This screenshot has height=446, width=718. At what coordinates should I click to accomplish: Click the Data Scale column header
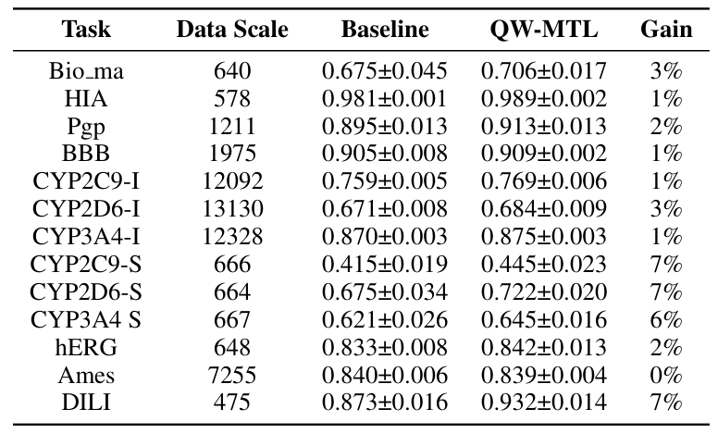(x=232, y=30)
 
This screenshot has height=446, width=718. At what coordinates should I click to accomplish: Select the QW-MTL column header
(x=544, y=30)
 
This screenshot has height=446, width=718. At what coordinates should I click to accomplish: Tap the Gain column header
(x=666, y=30)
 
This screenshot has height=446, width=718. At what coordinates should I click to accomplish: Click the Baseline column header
(x=385, y=30)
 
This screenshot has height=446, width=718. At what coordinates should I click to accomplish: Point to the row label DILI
(x=86, y=403)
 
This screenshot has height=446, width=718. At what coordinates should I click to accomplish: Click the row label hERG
(x=86, y=348)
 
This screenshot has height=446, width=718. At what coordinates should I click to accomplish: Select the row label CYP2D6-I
(x=86, y=209)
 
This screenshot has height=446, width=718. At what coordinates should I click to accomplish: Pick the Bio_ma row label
(x=86, y=70)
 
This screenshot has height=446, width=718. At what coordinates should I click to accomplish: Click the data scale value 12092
(x=232, y=181)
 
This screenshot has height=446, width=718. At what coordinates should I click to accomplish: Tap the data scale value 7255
(x=232, y=376)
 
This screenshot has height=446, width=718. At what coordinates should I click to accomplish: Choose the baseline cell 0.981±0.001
(x=385, y=98)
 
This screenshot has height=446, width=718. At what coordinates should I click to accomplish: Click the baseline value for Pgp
(x=385, y=126)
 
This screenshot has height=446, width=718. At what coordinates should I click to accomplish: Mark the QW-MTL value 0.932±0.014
(x=544, y=403)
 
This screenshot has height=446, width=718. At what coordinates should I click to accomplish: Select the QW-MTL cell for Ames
(x=544, y=376)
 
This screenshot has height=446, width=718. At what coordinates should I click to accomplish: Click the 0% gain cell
(x=666, y=376)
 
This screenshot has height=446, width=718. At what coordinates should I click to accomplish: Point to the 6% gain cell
(x=666, y=320)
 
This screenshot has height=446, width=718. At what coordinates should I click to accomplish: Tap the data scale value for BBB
(x=232, y=154)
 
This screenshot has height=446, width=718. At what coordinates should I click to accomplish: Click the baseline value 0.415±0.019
(x=385, y=265)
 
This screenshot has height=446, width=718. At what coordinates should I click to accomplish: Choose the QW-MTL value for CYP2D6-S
(x=544, y=292)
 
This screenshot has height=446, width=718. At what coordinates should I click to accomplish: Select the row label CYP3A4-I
(x=86, y=237)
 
